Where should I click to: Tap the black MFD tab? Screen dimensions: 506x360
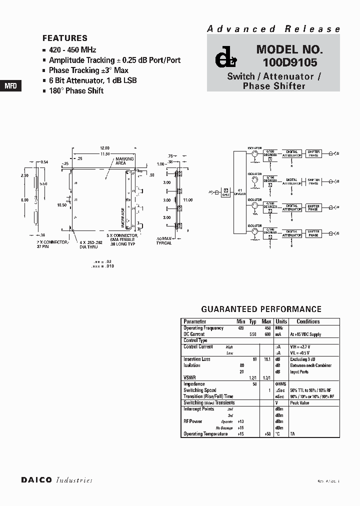(10, 85)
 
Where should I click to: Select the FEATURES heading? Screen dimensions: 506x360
(65, 38)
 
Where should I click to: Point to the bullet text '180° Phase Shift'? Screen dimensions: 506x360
(76, 90)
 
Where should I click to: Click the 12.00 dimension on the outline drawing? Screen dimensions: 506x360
(104, 148)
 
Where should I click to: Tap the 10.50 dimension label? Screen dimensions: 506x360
(62, 204)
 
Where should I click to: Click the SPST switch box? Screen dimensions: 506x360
(225, 191)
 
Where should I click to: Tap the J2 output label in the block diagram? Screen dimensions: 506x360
(336, 153)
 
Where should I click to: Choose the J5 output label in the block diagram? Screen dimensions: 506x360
(336, 233)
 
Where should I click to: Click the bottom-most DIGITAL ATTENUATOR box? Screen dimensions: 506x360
(292, 233)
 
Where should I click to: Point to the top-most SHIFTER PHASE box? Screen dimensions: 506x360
(313, 153)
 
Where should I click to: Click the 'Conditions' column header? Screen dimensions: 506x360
(308, 321)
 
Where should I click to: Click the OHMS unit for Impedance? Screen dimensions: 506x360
(281, 384)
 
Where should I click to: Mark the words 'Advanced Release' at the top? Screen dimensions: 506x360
(273, 29)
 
